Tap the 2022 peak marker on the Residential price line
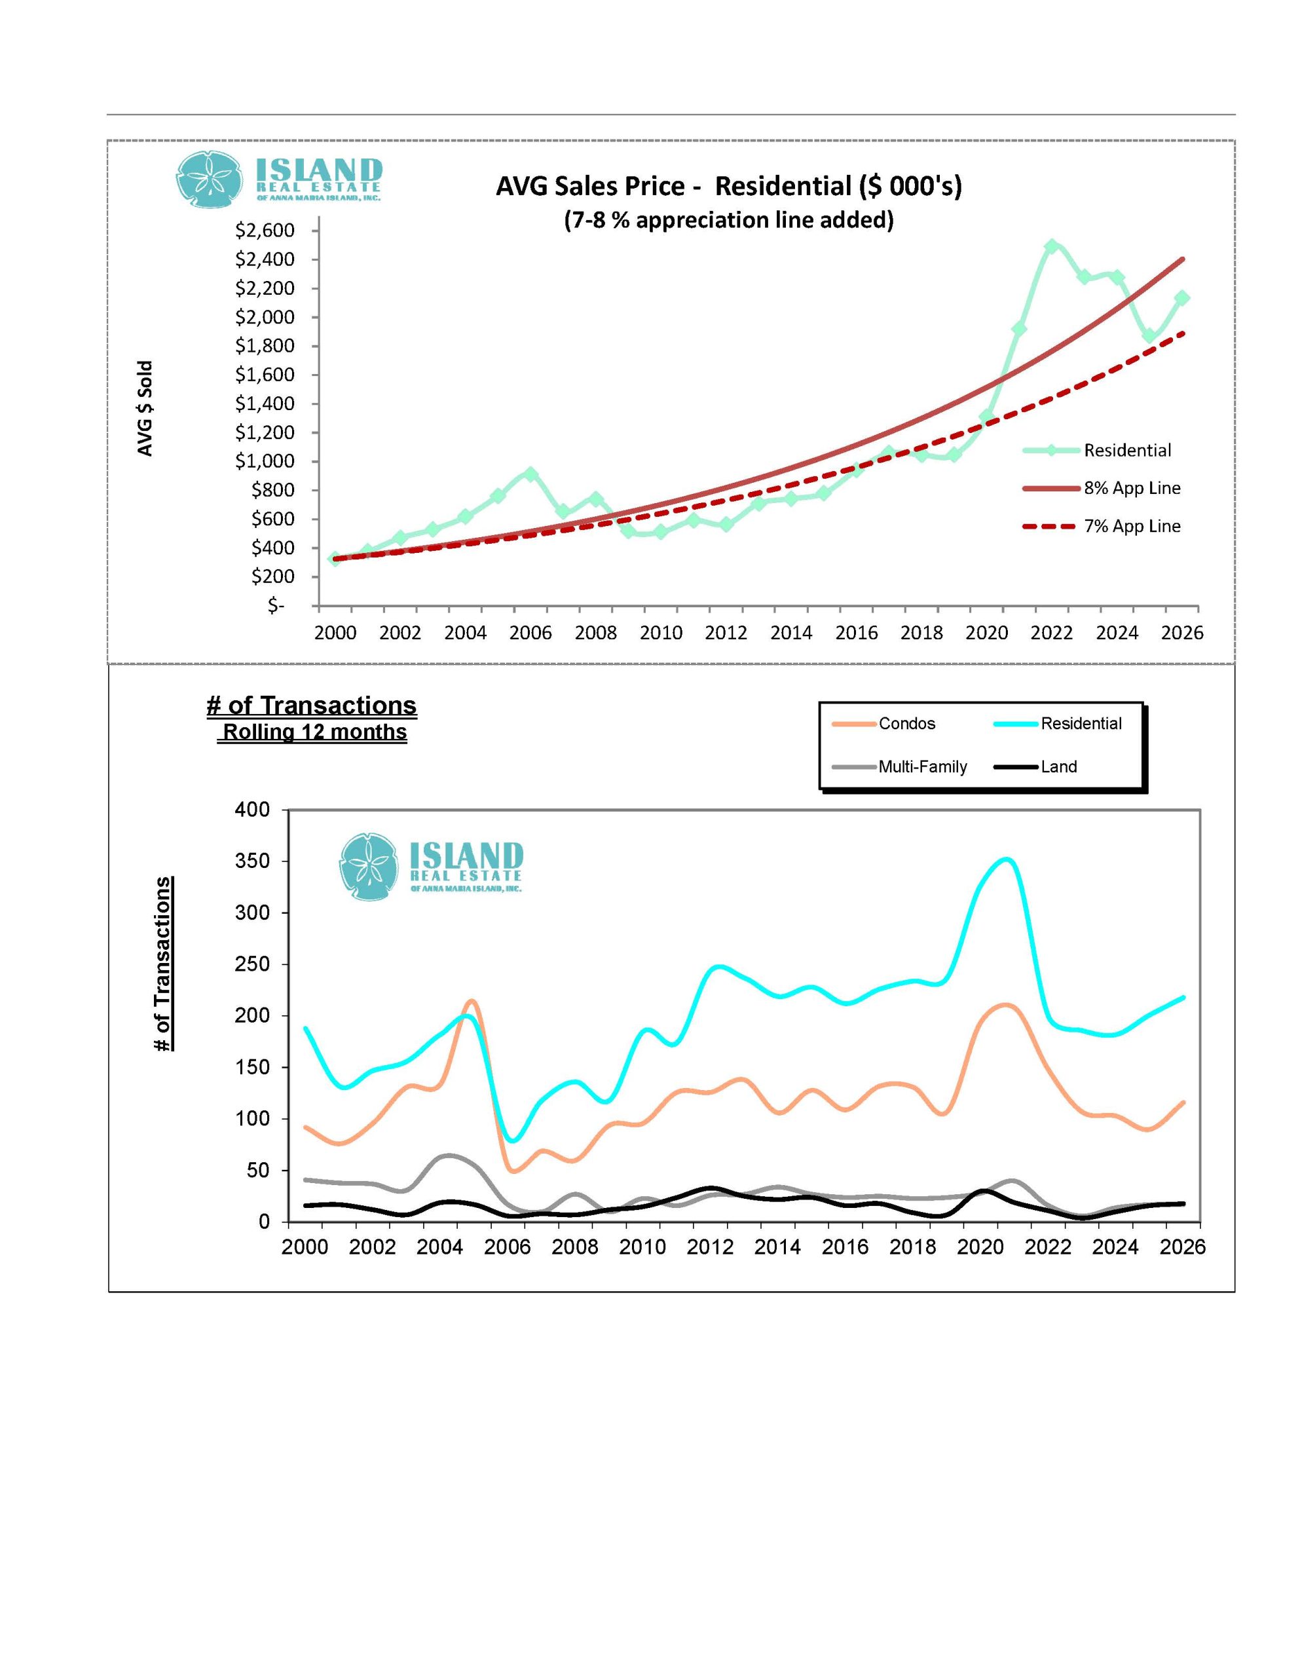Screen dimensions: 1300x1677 click(x=1052, y=246)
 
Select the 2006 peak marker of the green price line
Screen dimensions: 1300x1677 click(x=530, y=474)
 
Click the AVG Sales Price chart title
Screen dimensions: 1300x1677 click(x=728, y=186)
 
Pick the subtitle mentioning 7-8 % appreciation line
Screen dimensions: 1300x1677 click(x=729, y=220)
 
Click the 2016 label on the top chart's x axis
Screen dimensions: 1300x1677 click(x=856, y=633)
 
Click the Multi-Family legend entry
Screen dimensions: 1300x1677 click(x=899, y=766)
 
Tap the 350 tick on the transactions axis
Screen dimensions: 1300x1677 click(x=253, y=861)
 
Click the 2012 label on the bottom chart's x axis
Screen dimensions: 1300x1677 click(x=711, y=1248)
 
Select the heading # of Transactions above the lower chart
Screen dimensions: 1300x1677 click(x=312, y=705)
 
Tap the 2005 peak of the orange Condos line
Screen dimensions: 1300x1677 click(x=471, y=1000)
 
